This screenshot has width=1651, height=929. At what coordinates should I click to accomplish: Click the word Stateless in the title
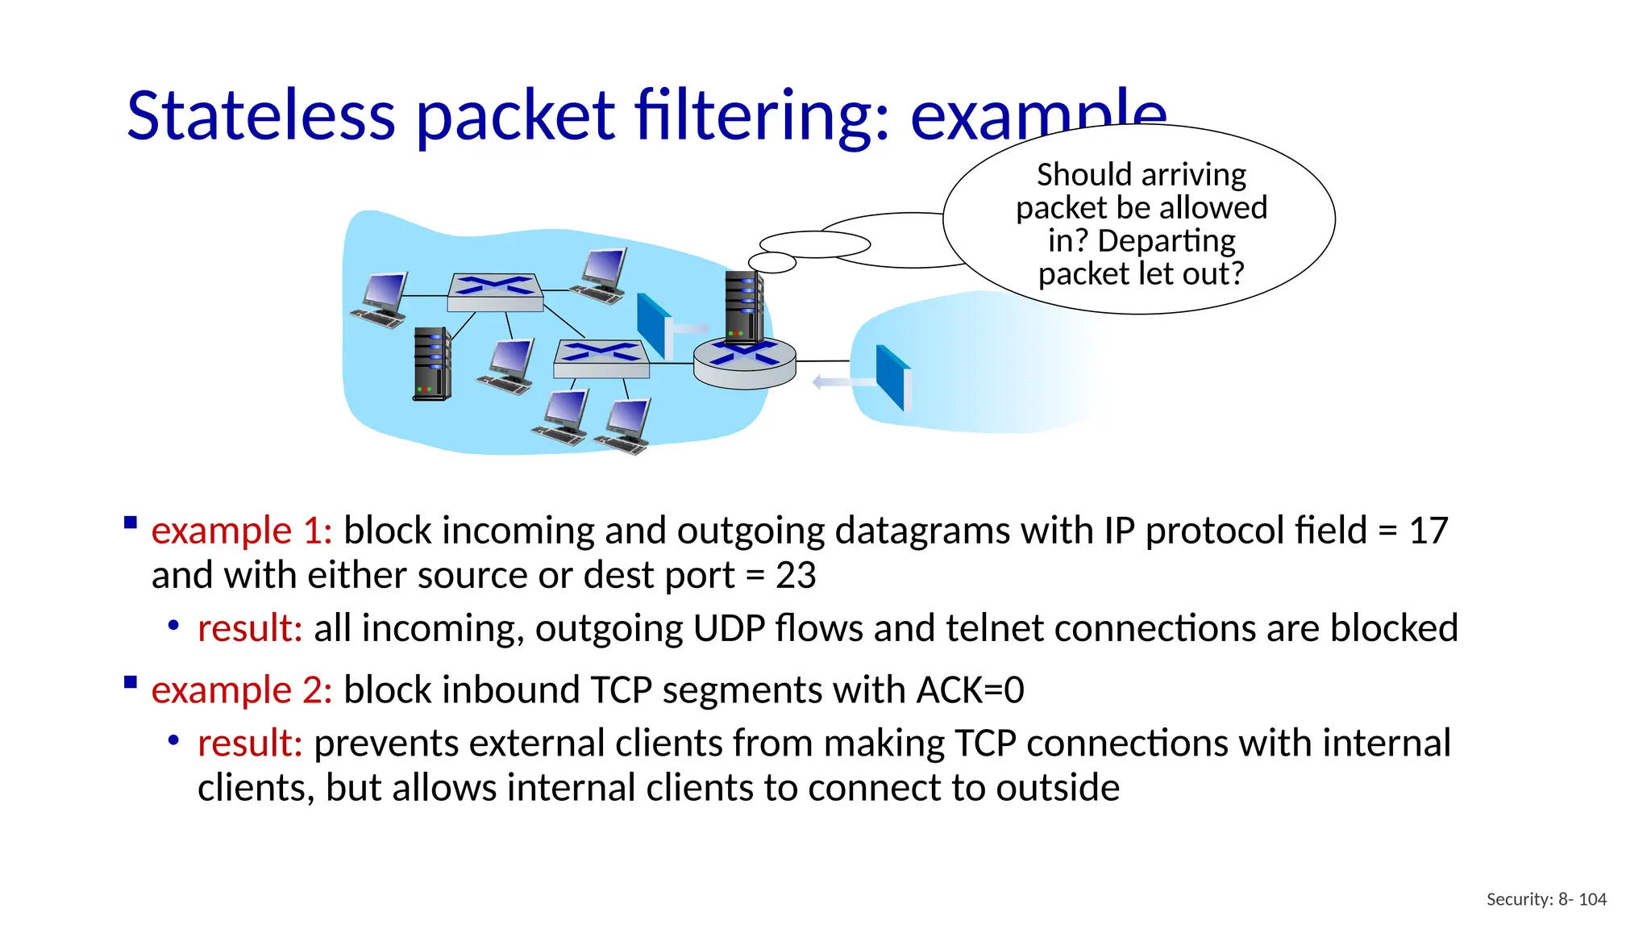(x=260, y=115)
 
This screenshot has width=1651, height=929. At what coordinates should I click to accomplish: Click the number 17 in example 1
(x=1428, y=531)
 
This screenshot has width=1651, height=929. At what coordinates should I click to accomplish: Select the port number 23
(x=796, y=576)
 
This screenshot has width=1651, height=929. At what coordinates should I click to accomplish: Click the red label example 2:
(x=241, y=690)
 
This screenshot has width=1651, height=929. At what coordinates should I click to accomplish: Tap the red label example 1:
(x=241, y=531)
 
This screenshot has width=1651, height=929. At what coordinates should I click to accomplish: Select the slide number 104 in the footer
(x=1592, y=899)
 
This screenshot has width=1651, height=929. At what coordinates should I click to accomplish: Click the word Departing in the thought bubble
(x=1166, y=241)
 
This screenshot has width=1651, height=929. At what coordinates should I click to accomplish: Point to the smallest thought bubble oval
(x=771, y=262)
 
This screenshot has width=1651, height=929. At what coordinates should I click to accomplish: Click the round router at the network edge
(x=744, y=364)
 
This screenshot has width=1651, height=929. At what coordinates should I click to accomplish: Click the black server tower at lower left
(x=432, y=364)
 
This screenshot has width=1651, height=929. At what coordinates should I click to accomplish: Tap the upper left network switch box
(x=495, y=292)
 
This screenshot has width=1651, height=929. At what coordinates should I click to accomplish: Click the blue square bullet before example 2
(x=131, y=682)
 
